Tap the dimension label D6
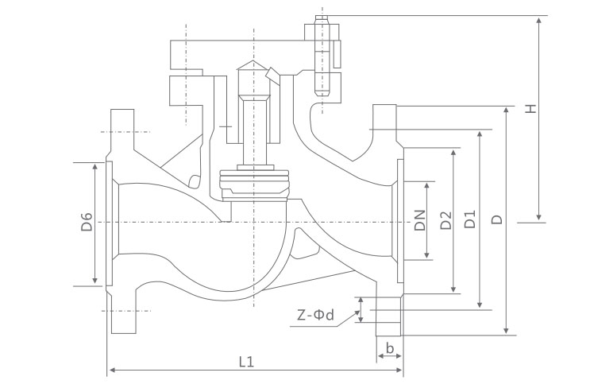pyautogui.click(x=87, y=222)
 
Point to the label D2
pyautogui.click(x=445, y=220)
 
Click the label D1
pyautogui.click(x=470, y=220)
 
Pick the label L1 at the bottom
pyautogui.click(x=246, y=361)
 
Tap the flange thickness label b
pyautogui.click(x=389, y=347)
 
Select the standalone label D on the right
pyautogui.click(x=496, y=220)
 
